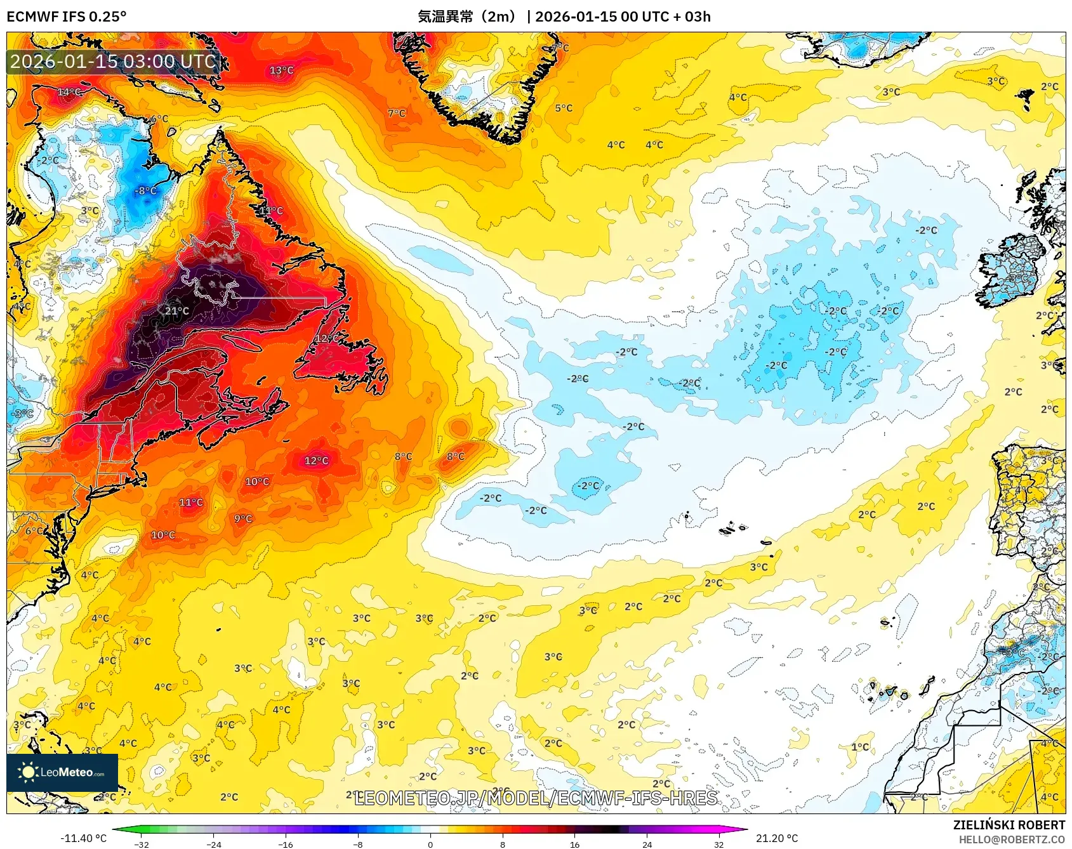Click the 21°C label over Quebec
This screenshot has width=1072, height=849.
coord(177,311)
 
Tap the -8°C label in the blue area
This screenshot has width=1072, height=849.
coord(145,190)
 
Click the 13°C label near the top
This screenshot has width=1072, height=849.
coord(282,70)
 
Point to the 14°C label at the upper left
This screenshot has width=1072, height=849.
coord(69,92)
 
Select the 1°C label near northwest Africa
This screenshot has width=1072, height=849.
coord(860,747)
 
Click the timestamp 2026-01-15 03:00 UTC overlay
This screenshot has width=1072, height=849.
coord(114,62)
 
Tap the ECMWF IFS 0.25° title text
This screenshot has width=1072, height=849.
coord(67,16)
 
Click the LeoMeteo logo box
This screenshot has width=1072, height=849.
coord(62,772)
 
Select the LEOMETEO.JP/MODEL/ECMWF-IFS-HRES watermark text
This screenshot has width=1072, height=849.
coord(536,798)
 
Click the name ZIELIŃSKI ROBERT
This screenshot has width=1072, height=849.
coord(1009,825)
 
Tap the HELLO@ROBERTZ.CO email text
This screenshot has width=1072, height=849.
coord(1012,839)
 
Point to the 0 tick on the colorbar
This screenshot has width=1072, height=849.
coord(430,844)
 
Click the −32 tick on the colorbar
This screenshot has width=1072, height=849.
coord(142,844)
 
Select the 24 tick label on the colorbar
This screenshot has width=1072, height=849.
coord(647,844)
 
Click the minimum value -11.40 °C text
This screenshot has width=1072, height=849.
coord(83,838)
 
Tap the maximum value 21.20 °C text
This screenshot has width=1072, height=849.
coord(776,838)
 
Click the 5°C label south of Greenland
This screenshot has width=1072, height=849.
coord(564,109)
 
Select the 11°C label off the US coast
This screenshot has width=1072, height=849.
coord(191,503)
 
